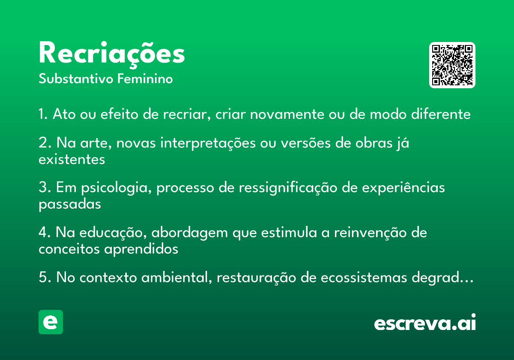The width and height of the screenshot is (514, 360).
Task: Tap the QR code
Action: point(452,65)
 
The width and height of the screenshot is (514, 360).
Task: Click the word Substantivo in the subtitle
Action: point(76,78)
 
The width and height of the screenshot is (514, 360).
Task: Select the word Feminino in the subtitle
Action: point(145,78)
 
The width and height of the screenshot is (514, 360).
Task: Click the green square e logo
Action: point(51,322)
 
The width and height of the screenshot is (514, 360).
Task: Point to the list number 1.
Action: point(43,114)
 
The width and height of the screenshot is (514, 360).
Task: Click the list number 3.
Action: point(45,187)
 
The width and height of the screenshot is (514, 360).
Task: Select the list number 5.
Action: point(45,277)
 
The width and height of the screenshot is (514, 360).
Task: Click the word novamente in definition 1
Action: point(287,114)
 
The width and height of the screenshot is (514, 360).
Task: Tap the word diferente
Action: point(441,114)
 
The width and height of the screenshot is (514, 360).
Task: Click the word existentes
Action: point(72,159)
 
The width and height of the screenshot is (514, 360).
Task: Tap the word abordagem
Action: point(189,233)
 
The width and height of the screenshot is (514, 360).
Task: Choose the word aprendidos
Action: point(141,249)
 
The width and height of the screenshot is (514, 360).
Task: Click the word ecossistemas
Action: point(364,277)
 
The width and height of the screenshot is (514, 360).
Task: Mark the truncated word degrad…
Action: point(442,278)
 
